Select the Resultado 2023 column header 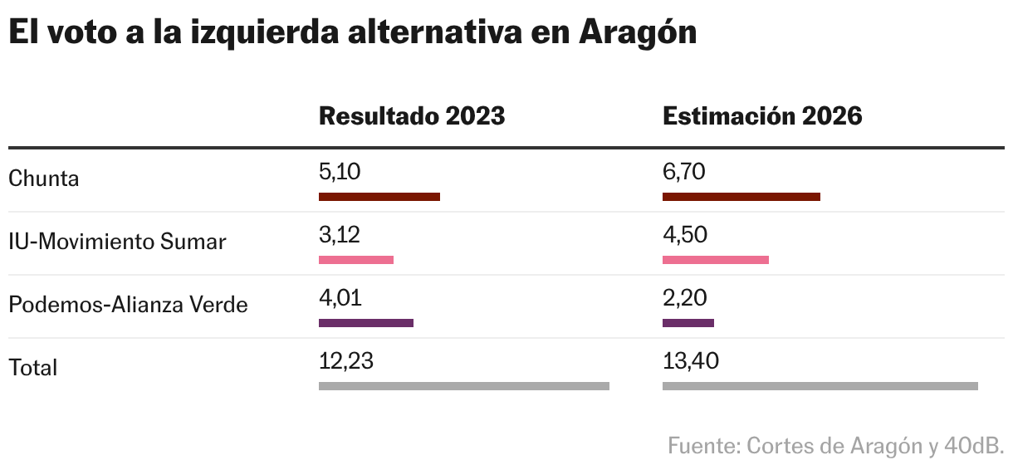411,116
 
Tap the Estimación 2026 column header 761,116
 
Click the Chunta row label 43,179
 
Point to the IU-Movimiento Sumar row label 117,242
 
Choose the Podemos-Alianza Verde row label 128,305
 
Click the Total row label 33,368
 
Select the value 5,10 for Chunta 340,172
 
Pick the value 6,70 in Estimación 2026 684,172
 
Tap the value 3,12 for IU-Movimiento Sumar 340,235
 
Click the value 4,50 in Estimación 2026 684,235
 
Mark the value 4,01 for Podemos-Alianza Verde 340,298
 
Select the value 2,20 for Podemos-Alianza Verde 684,298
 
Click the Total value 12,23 345,361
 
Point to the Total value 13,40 690,361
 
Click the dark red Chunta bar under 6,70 741,197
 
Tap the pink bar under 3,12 355,260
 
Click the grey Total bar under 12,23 463,386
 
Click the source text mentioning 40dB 835,446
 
